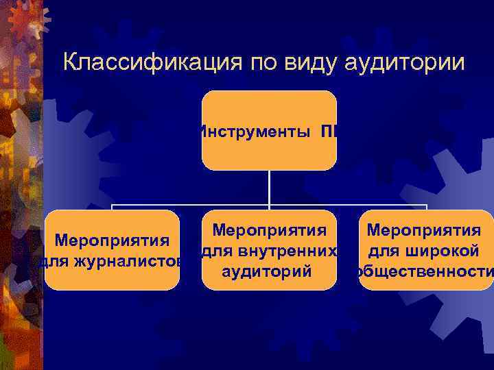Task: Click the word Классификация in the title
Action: [142, 62]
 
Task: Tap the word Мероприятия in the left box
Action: [112, 241]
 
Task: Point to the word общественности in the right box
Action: [423, 271]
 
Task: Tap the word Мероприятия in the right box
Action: [423, 232]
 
